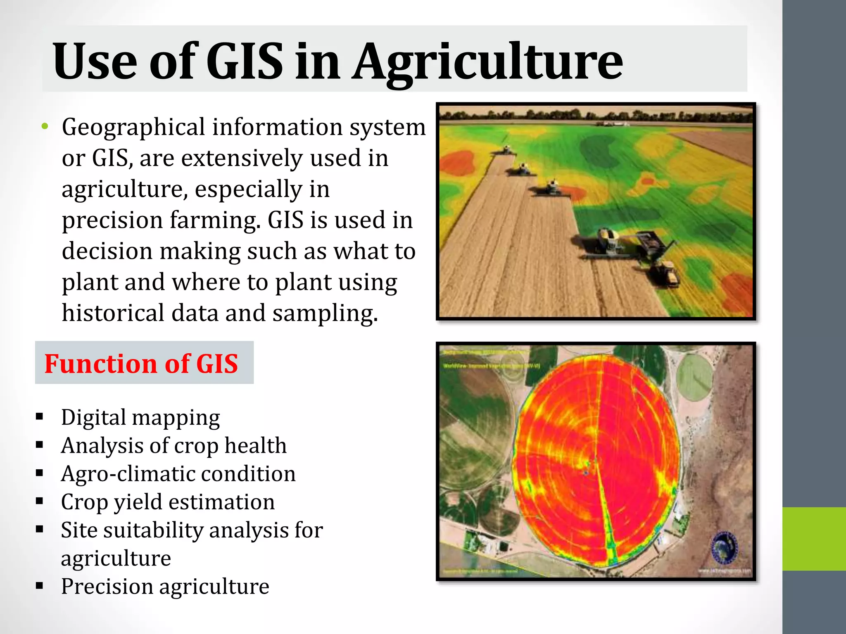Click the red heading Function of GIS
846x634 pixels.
point(141,364)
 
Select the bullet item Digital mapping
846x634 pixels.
point(140,418)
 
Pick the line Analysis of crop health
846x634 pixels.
point(173,446)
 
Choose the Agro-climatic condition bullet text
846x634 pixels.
point(178,474)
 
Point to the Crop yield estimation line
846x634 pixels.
point(168,502)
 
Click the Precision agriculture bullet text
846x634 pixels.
point(165,587)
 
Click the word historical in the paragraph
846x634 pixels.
point(113,313)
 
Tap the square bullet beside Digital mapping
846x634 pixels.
point(40,416)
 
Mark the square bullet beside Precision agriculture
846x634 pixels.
point(40,585)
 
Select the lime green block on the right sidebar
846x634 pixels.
point(814,539)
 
